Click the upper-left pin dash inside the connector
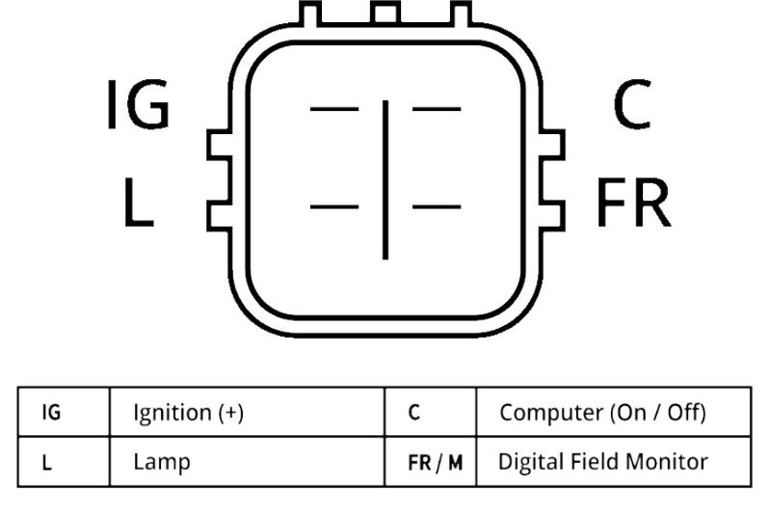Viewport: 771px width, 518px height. (x=333, y=108)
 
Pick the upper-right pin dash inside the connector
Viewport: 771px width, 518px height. (x=437, y=108)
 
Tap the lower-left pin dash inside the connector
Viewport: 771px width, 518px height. (x=333, y=206)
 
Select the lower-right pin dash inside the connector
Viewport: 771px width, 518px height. (x=437, y=206)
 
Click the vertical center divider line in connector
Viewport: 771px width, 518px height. (x=385, y=178)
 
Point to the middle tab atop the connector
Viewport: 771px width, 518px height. (x=385, y=13)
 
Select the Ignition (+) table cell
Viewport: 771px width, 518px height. (x=188, y=413)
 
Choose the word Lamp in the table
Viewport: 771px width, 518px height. (x=161, y=462)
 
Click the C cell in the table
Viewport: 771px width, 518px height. (x=413, y=413)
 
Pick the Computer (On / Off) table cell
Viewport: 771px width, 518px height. (x=603, y=413)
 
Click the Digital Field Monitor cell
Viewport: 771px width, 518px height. (x=603, y=462)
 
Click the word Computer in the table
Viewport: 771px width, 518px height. (x=546, y=413)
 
